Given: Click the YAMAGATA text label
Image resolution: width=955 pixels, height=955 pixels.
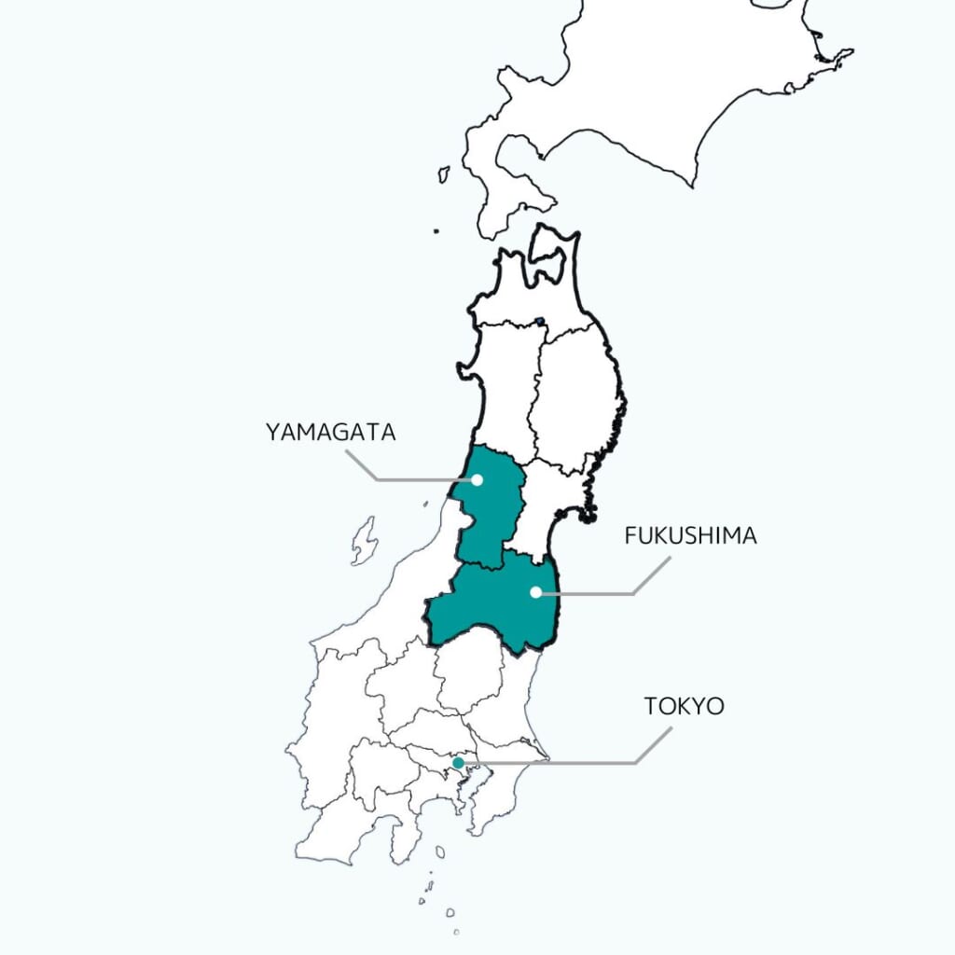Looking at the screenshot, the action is pyautogui.click(x=331, y=433).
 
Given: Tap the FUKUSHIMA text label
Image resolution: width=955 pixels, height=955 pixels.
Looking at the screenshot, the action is pyautogui.click(x=690, y=536).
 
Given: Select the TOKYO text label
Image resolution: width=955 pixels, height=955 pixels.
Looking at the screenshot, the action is pyautogui.click(x=684, y=706).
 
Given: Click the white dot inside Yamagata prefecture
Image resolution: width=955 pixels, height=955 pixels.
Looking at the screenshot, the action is pyautogui.click(x=477, y=480).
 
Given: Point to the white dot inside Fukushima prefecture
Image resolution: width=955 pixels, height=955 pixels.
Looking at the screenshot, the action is pyautogui.click(x=535, y=592).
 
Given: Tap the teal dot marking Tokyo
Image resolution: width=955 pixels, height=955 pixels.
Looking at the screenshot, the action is pyautogui.click(x=458, y=763).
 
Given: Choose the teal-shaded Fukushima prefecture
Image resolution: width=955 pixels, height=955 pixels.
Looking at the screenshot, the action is pyautogui.click(x=494, y=606).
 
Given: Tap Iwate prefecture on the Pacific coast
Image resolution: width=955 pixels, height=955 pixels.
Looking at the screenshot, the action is pyautogui.click(x=578, y=392).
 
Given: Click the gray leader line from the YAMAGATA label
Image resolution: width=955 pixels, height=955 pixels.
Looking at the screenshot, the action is pyautogui.click(x=410, y=480).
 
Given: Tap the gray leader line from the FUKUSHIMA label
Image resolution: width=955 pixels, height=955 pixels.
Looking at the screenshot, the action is pyautogui.click(x=597, y=592).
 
